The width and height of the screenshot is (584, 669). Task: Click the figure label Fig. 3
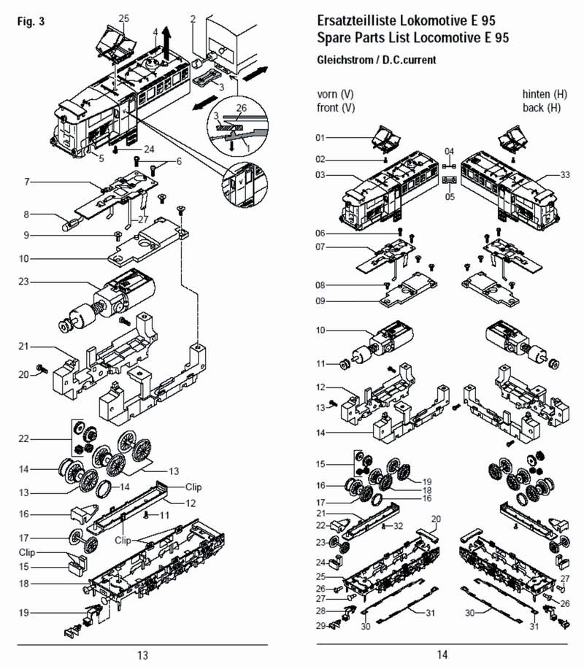pos(30,21)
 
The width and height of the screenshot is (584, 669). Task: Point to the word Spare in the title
pos(334,37)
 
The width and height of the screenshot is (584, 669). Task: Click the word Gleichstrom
pos(345,61)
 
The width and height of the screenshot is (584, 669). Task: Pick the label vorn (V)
pos(336,94)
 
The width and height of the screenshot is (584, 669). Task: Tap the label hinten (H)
pos(544,94)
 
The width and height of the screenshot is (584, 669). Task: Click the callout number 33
pos(565,175)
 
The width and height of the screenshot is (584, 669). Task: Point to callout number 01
pos(320,137)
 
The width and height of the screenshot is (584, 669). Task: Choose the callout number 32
pos(398,525)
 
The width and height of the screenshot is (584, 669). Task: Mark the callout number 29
pos(320,626)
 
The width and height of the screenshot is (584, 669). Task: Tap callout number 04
pos(450,151)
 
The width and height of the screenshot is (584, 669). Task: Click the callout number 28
pos(320,611)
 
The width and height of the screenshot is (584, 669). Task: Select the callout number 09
pos(320,301)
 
